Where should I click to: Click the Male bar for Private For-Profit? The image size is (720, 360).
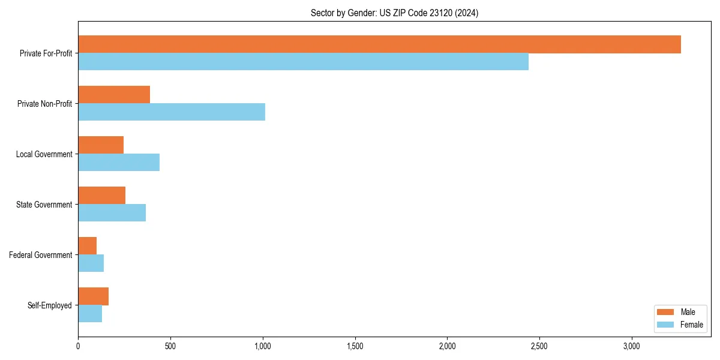379,44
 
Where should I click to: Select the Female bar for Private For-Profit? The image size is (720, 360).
303,62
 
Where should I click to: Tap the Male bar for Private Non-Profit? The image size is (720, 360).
114,95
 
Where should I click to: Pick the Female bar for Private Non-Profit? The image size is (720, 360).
172,112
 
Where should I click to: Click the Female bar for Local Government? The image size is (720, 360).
119,163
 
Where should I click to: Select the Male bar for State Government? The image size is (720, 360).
101,196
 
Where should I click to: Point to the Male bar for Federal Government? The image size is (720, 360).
87,246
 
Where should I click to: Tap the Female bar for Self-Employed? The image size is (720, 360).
90,314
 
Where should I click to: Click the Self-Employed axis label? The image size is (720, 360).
50,305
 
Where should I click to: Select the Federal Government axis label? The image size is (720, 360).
41,255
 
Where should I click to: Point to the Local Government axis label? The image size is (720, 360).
44,154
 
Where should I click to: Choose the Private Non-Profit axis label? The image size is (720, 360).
45,104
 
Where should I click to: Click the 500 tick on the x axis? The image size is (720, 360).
170,346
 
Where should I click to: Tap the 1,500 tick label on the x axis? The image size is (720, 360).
355,346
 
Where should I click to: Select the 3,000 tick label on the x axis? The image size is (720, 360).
632,346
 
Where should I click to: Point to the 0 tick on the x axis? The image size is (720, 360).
78,346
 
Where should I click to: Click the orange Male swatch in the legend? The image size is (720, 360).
666,312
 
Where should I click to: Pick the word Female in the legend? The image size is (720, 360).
692,325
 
